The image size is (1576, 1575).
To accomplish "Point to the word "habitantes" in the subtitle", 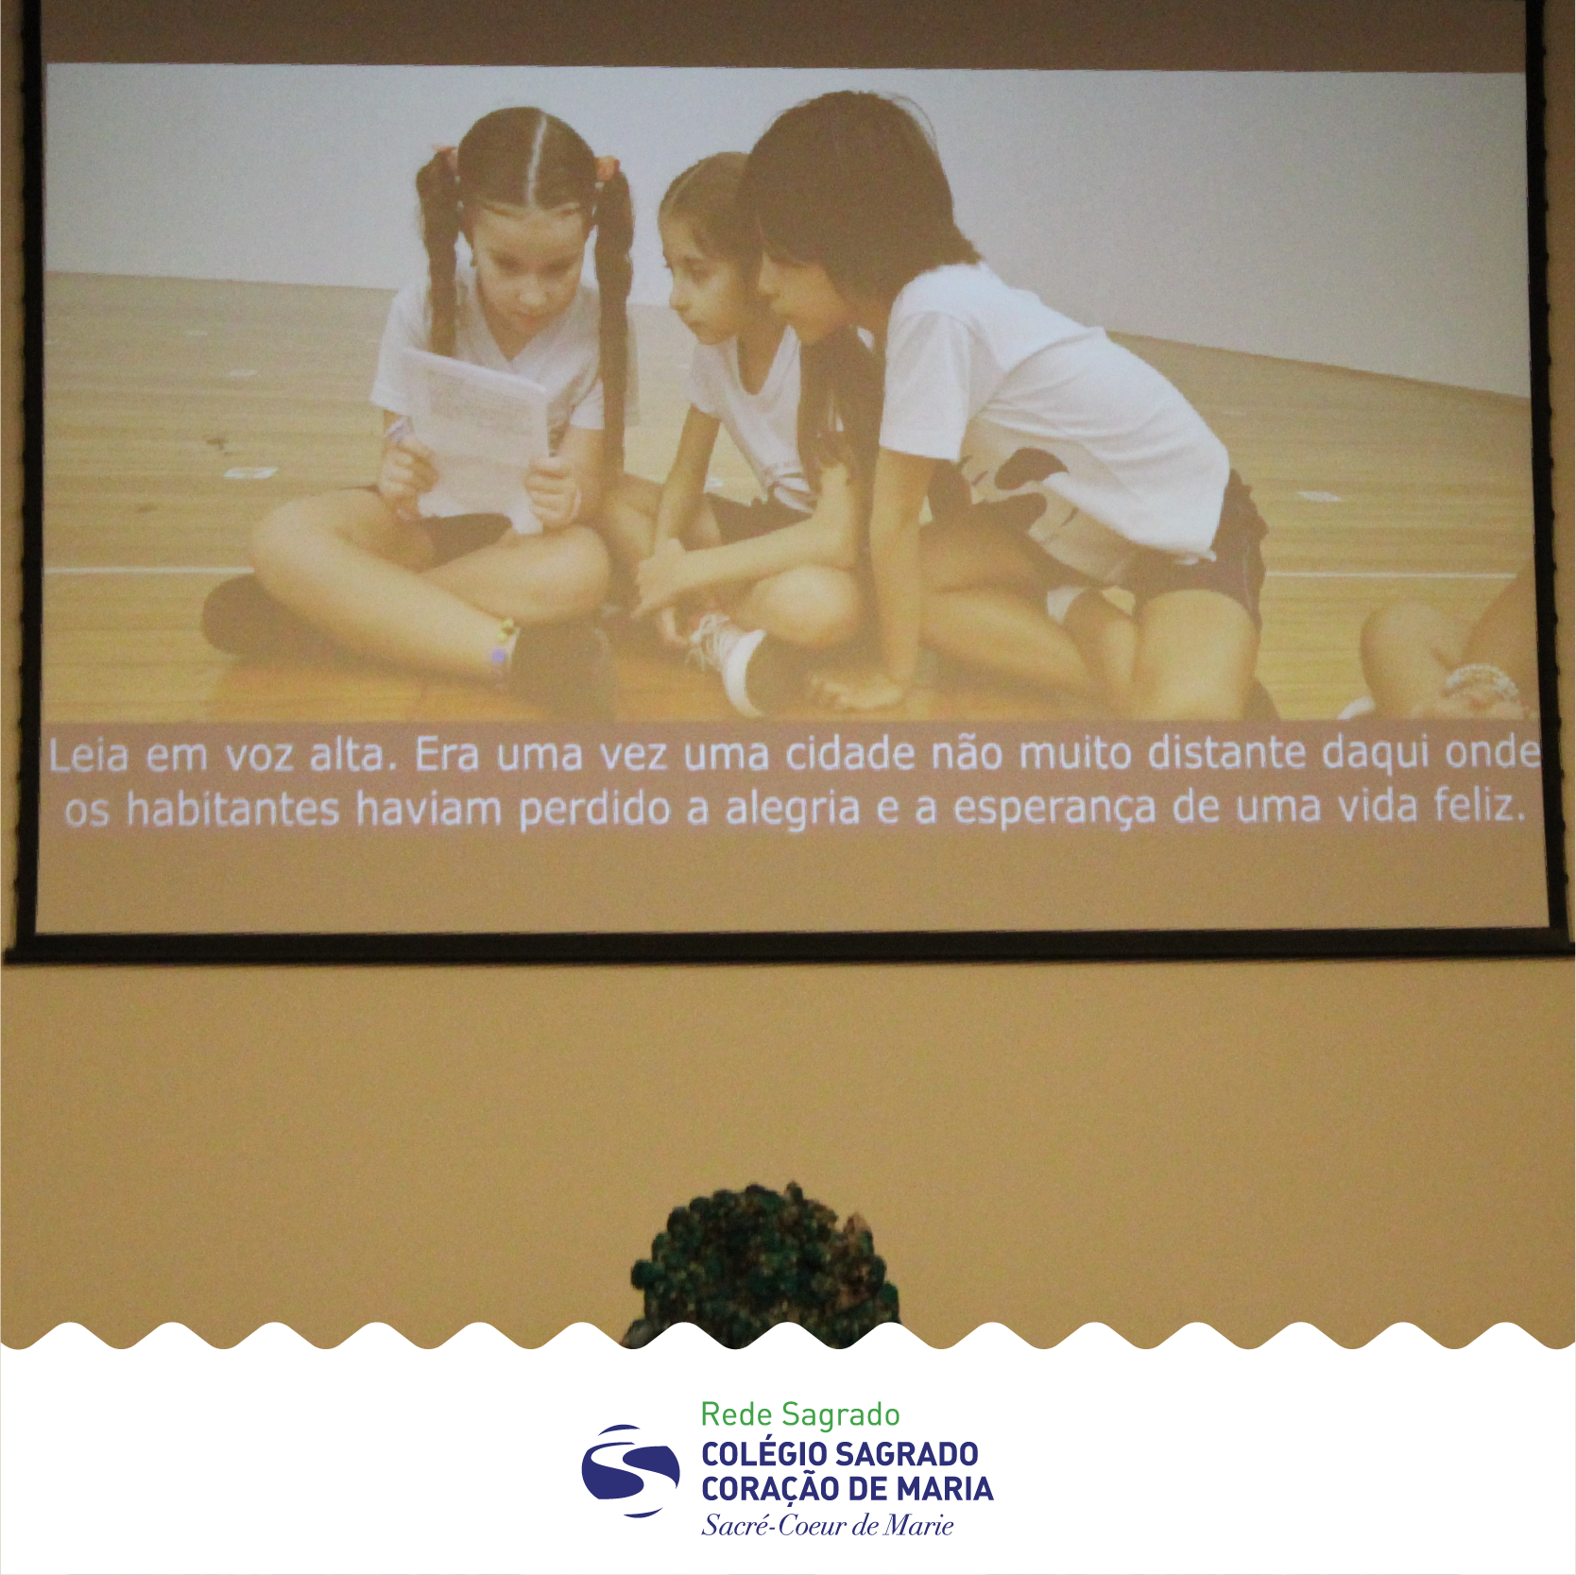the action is point(232,811).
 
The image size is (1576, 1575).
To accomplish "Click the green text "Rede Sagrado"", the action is point(800,1414).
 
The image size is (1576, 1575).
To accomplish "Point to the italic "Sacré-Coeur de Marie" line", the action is point(828,1525).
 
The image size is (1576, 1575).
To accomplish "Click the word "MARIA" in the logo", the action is point(945,1489).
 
